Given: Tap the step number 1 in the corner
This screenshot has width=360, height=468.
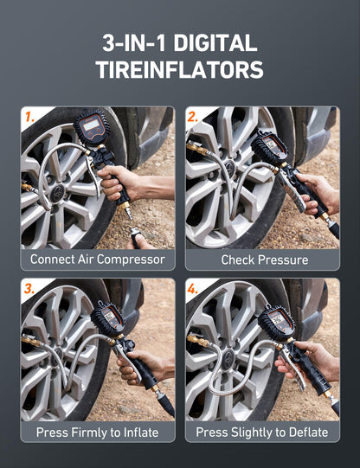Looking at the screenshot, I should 29,116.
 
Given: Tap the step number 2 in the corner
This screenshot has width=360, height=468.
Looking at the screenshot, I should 194,116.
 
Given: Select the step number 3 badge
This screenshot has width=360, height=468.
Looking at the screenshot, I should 29,288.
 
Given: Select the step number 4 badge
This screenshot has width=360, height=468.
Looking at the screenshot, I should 194,288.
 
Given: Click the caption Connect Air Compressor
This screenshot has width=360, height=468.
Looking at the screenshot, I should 97,260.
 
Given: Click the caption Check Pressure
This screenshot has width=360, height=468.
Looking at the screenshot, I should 264,260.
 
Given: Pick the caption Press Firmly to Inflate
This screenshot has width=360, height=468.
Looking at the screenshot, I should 97,432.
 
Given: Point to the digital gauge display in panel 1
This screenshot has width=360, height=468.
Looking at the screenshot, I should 90,127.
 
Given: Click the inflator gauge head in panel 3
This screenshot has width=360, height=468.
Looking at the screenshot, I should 108,317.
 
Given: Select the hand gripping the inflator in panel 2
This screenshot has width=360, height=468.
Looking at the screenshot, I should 317,190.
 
